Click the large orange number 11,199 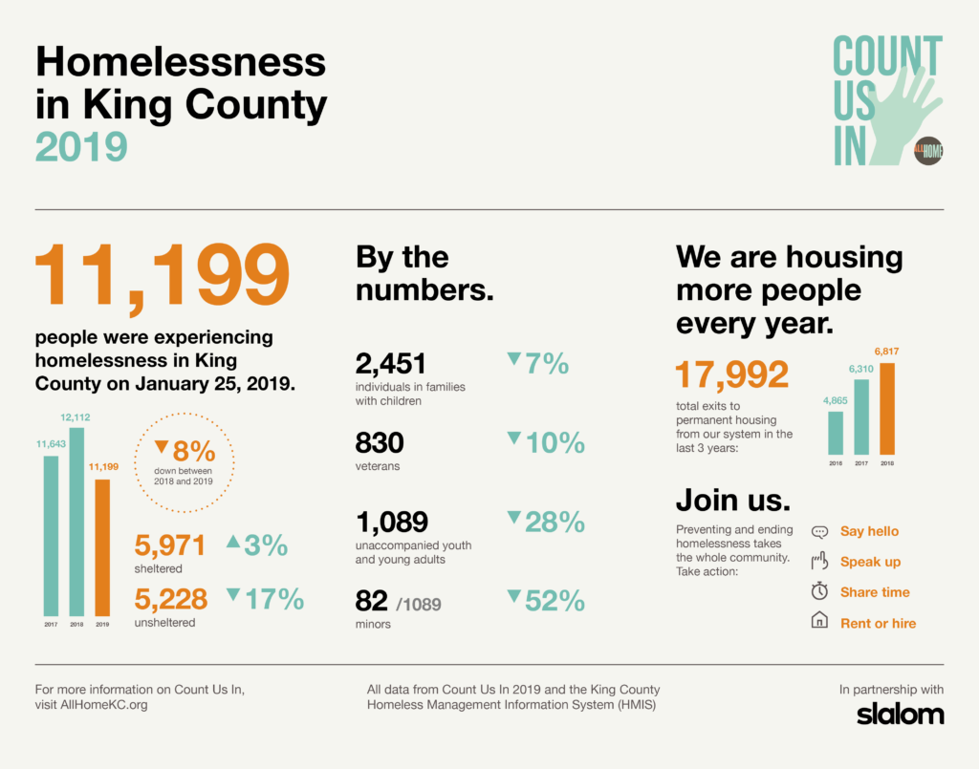click(163, 275)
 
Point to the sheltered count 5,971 click(170, 545)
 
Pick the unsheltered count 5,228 click(170, 599)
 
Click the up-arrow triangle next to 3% click(232, 542)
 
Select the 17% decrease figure click(274, 599)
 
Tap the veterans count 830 click(380, 443)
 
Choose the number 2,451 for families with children click(390, 364)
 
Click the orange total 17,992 click(732, 375)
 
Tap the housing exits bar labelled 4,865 click(835, 432)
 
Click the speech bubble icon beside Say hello click(818, 532)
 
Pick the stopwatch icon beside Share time click(819, 592)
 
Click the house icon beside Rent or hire click(819, 623)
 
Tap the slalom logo click(900, 714)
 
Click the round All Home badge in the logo click(927, 151)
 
